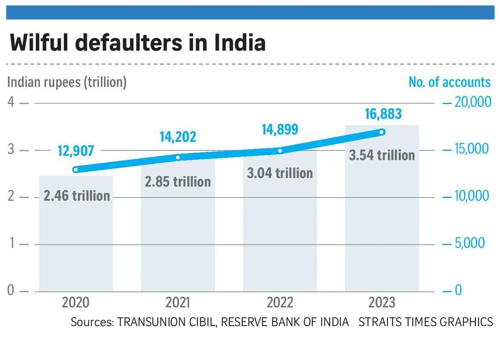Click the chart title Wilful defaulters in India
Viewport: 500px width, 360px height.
tap(137, 43)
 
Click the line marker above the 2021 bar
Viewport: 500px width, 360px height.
tap(178, 157)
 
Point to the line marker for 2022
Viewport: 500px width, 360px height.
tap(280, 151)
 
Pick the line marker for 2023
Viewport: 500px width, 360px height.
tap(382, 132)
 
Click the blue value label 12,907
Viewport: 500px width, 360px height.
tap(76, 151)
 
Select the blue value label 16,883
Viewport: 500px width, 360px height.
tap(383, 114)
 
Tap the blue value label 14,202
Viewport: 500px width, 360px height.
tap(178, 137)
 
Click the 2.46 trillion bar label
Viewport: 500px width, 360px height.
tap(77, 195)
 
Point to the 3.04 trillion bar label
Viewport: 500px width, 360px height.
tap(280, 173)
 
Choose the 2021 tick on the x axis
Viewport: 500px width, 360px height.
tap(178, 302)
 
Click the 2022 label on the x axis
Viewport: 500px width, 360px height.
tap(280, 302)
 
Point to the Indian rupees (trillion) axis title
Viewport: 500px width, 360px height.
tap(67, 82)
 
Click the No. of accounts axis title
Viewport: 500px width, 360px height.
tap(450, 82)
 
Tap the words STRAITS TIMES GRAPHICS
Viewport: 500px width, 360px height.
tap(425, 322)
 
